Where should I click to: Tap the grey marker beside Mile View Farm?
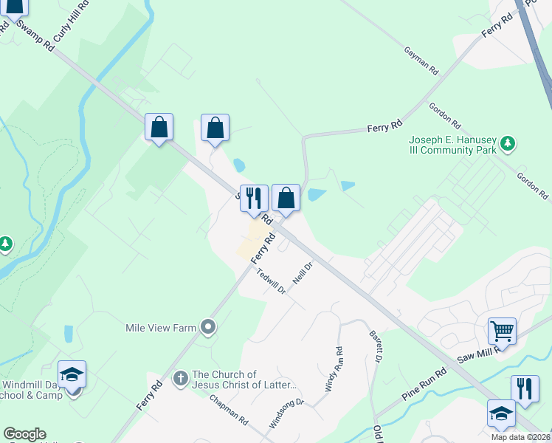tap(209, 326)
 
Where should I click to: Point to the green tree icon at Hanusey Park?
tap(507, 142)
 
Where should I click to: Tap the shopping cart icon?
tap(502, 330)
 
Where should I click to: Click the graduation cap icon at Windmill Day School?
tap(72, 374)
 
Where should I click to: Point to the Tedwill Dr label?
tap(271, 281)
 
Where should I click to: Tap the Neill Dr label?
tap(302, 272)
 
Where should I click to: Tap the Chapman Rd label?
tap(228, 411)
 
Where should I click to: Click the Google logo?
tap(24, 434)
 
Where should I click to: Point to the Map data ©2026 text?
tap(520, 437)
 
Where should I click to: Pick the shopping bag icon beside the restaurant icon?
tap(286, 198)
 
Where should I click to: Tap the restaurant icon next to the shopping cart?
tap(524, 388)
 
